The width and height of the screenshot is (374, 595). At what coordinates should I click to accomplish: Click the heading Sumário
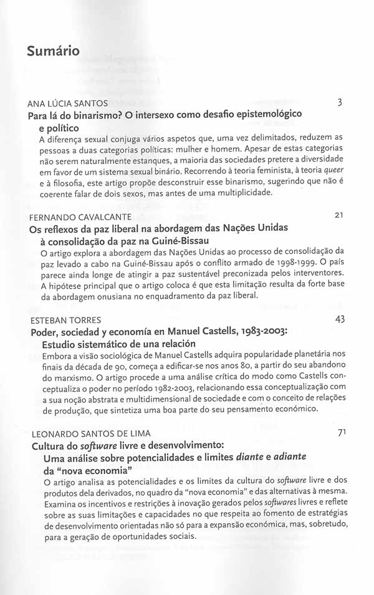pyautogui.click(x=53, y=51)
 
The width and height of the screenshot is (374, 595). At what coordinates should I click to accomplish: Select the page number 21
pyautogui.click(x=340, y=216)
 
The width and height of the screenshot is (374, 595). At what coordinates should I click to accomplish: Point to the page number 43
pyautogui.click(x=340, y=319)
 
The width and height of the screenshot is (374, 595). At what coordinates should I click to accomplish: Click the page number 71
pyautogui.click(x=341, y=433)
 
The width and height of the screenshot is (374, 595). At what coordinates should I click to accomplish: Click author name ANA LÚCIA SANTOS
pyautogui.click(x=68, y=104)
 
